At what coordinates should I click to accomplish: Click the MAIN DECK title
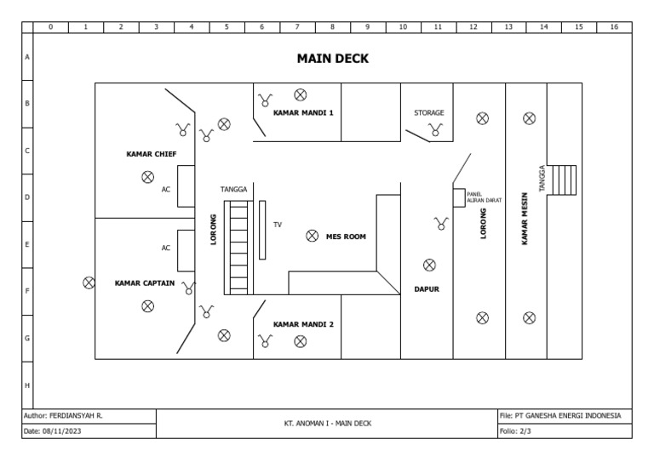click(x=332, y=59)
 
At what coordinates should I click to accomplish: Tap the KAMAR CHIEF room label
click(x=151, y=155)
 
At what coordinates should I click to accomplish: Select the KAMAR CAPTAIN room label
click(x=146, y=284)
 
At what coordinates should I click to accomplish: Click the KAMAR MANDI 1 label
click(x=303, y=112)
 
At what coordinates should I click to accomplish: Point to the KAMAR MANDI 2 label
click(x=303, y=324)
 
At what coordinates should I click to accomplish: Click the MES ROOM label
click(x=346, y=237)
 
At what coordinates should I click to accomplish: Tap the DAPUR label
click(x=427, y=289)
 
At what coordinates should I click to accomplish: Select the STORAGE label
click(x=429, y=112)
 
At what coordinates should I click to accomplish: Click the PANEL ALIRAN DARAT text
click(x=484, y=197)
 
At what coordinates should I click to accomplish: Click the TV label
click(x=277, y=225)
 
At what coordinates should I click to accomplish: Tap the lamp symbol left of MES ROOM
click(x=312, y=236)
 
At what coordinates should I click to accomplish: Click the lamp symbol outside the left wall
click(x=88, y=282)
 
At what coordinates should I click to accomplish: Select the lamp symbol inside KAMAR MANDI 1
click(x=300, y=94)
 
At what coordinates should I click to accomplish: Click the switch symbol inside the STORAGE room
click(x=436, y=129)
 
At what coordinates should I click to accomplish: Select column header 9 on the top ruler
click(x=367, y=26)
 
